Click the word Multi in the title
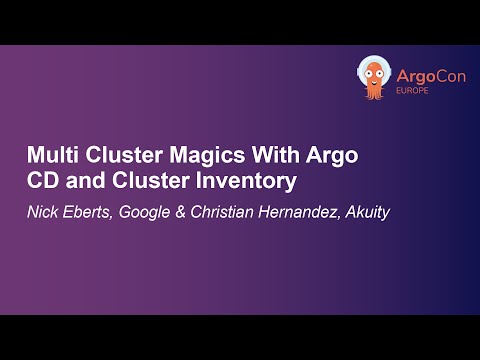49,157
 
